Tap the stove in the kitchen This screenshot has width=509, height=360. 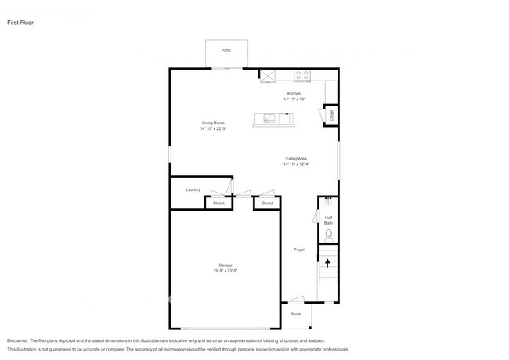(x=302, y=76)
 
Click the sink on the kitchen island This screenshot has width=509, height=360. (x=269, y=119)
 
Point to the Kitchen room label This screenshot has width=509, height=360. (x=294, y=94)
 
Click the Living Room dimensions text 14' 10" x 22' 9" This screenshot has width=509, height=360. (x=214, y=129)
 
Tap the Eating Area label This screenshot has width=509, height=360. (x=296, y=159)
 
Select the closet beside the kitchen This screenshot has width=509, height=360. (x=331, y=115)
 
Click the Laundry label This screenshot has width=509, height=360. (x=193, y=189)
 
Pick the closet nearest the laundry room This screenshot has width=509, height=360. (x=218, y=203)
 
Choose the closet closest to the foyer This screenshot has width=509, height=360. (x=267, y=203)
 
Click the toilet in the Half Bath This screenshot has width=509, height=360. (x=329, y=234)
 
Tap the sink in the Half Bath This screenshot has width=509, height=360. (x=328, y=201)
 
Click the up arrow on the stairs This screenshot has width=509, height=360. (x=328, y=262)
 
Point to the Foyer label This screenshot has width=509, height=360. (x=299, y=250)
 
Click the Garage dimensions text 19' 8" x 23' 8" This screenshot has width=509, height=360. (x=225, y=271)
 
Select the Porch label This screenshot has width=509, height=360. (x=296, y=314)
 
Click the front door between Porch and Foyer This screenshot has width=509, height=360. (x=295, y=301)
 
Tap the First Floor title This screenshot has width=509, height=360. (x=21, y=23)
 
